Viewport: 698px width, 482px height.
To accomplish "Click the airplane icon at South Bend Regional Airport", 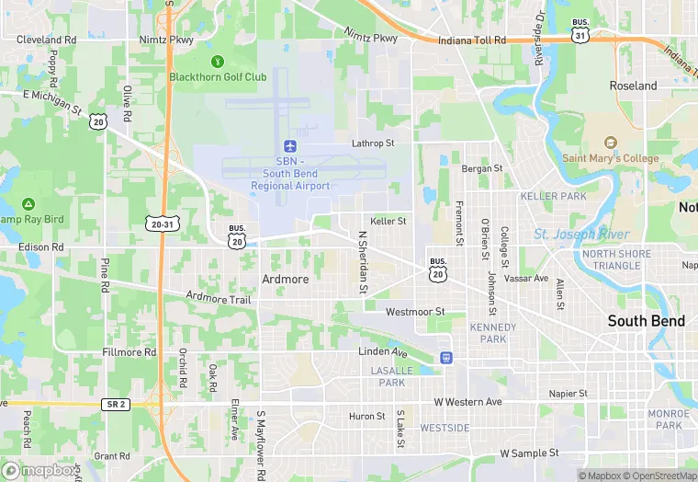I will (290, 146).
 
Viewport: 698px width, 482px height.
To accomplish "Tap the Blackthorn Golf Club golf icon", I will (218, 62).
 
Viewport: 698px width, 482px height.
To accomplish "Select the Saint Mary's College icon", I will (610, 143).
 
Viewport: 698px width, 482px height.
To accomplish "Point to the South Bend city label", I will (647, 321).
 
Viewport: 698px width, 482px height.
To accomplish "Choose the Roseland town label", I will (634, 86).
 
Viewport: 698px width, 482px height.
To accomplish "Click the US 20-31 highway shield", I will (160, 224).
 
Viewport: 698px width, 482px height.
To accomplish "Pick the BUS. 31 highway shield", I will (580, 30).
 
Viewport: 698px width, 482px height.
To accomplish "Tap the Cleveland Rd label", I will (46, 40).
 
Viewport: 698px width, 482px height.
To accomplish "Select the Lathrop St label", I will (373, 143).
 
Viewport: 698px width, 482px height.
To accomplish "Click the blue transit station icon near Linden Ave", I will (446, 357).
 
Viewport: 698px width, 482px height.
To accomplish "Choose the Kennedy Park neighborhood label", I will (493, 333).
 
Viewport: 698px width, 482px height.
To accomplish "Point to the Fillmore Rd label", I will (123, 352).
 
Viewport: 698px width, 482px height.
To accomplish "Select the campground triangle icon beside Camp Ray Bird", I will (28, 203).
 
